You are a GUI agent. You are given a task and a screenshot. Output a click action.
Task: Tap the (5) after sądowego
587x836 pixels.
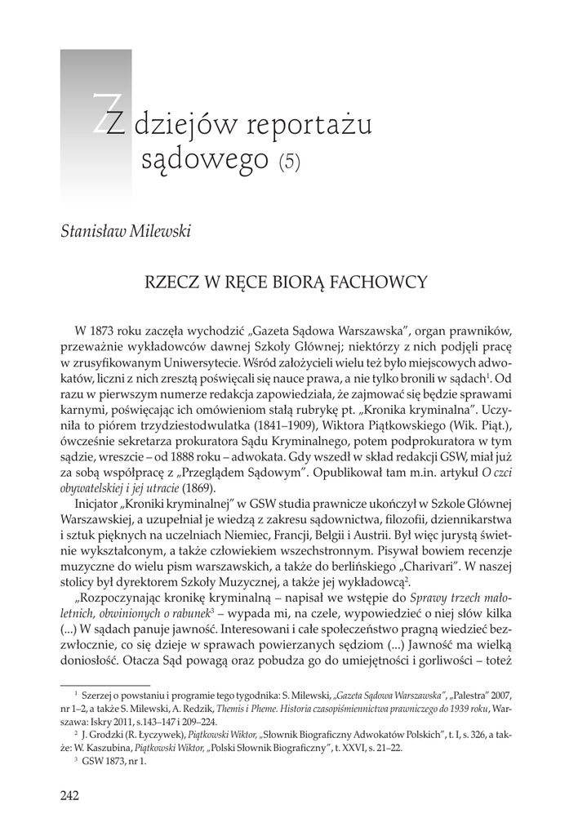pos(289,161)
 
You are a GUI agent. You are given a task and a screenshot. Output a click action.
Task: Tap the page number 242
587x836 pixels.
pos(69,796)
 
